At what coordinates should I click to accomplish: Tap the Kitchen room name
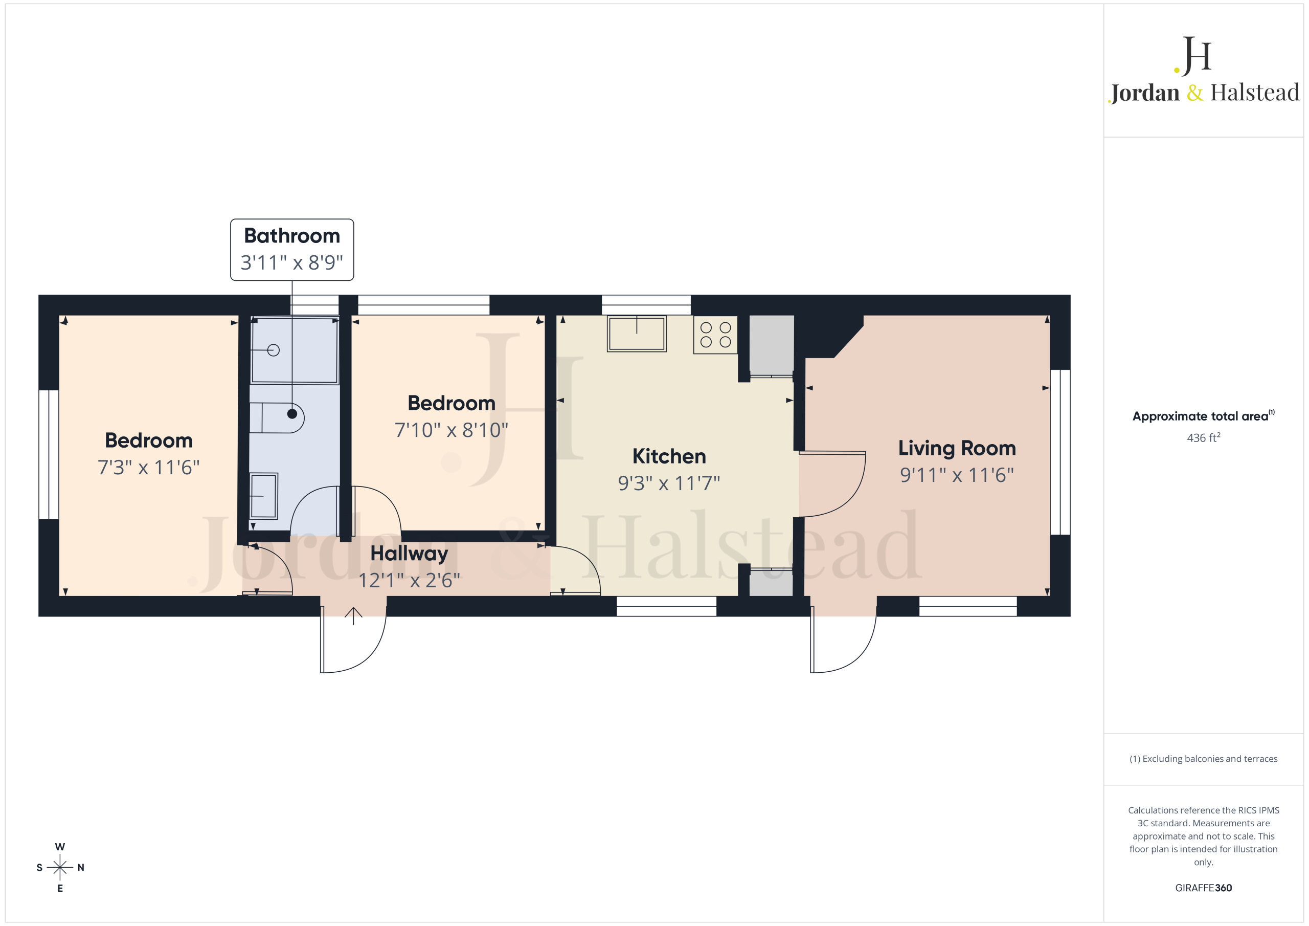point(669,456)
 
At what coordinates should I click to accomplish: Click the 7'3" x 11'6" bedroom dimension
point(149,467)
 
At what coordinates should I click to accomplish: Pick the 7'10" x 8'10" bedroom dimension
point(451,430)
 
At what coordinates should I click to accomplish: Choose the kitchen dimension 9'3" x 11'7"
point(669,483)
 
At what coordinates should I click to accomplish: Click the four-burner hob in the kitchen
point(715,335)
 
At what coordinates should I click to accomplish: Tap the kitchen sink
point(636,334)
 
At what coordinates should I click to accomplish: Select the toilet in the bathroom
point(277,417)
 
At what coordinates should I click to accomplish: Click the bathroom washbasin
point(263,496)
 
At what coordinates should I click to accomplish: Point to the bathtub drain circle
point(274,350)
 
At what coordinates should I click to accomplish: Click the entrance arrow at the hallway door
point(353,615)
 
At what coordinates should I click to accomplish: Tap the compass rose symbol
point(60,867)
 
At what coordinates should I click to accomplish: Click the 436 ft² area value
point(1204,437)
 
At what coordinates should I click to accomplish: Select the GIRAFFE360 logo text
point(1204,888)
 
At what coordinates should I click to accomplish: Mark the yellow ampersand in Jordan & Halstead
point(1195,93)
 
